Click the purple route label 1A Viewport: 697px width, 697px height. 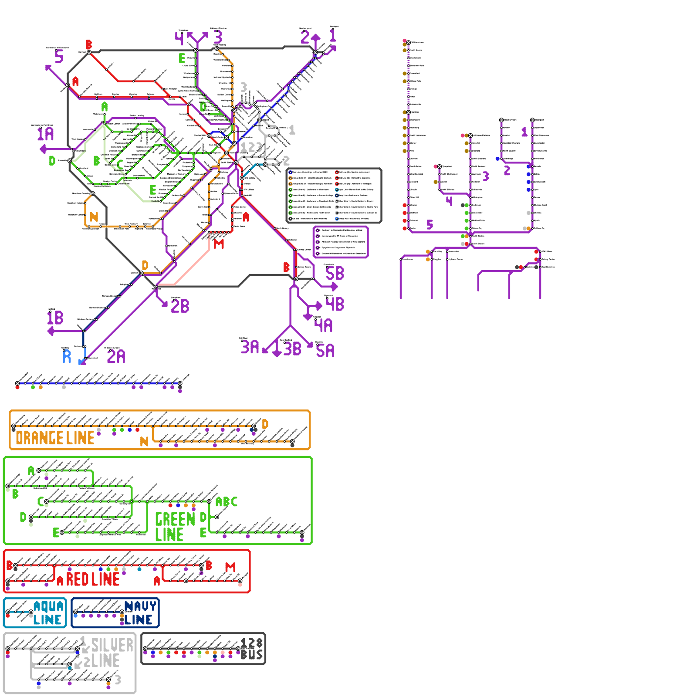pos(45,134)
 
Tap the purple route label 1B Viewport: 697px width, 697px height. pos(55,318)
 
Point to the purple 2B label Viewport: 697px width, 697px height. pos(180,306)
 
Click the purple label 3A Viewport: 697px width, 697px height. pos(250,347)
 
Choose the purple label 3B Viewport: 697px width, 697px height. pos(292,349)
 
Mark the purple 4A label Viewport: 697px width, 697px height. pos(324,325)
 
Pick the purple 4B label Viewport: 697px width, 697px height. pos(335,304)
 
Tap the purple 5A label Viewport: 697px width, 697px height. pos(325,351)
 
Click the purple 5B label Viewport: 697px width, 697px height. pos(335,274)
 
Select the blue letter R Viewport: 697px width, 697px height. pos(67,356)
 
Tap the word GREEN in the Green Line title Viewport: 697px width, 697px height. pos(175,519)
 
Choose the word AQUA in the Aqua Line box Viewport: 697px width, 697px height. pos(49,606)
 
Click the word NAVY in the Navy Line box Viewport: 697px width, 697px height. pos(140,606)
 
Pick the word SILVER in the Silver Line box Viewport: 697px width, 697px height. pos(112,645)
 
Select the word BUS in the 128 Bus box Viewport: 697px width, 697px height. pos(252,655)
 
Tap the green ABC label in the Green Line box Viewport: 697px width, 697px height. pos(227,502)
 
